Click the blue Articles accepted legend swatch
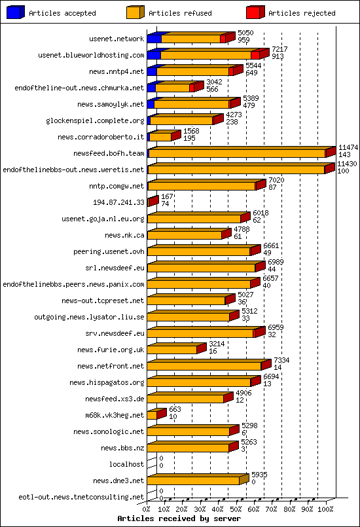click(x=16, y=12)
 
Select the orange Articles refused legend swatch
click(x=135, y=12)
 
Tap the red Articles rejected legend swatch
click(x=255, y=12)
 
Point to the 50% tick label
click(x=236, y=508)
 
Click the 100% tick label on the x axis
click(x=325, y=508)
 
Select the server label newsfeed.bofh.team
click(x=109, y=153)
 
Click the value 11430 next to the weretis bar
click(x=347, y=164)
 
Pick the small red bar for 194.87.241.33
click(x=152, y=202)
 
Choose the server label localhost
click(x=126, y=464)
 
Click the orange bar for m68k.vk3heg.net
click(x=152, y=415)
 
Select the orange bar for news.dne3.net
click(x=193, y=481)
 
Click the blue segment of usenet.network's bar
click(x=154, y=39)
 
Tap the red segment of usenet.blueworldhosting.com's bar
click(x=255, y=55)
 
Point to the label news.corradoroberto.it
click(x=101, y=137)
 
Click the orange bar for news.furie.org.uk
click(x=172, y=350)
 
